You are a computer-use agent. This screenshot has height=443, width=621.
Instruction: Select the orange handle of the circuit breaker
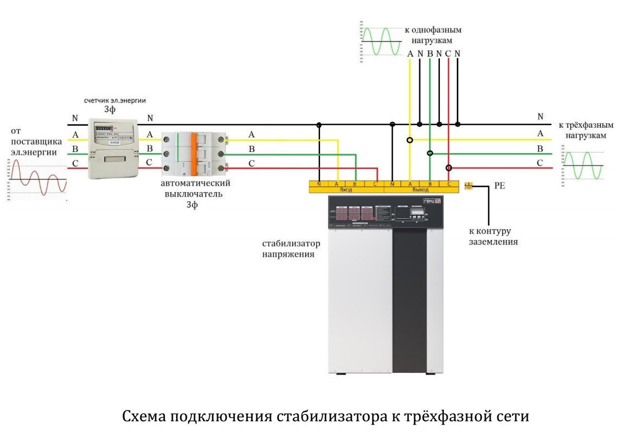[192, 154]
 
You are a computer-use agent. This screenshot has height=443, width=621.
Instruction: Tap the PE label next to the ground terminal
[500, 186]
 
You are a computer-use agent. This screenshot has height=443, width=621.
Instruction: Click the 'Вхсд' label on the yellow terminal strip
[346, 190]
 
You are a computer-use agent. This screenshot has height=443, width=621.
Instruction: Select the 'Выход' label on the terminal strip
[420, 190]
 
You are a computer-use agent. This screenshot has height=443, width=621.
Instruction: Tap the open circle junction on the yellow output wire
[410, 140]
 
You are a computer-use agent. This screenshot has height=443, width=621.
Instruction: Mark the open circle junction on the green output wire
[430, 154]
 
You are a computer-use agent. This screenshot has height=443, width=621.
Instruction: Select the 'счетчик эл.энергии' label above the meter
[115, 101]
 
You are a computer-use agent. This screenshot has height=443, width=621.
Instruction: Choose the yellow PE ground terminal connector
[470, 186]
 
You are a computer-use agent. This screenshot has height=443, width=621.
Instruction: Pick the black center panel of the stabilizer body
[410, 299]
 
